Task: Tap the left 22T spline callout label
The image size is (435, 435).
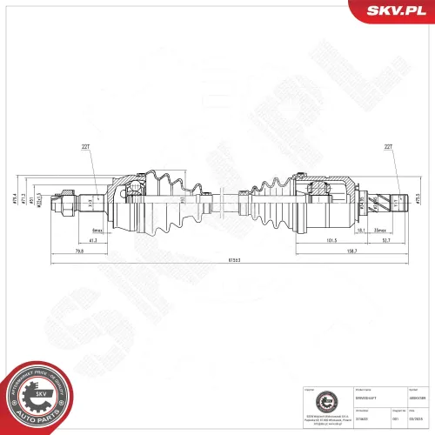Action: [x=84, y=146]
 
